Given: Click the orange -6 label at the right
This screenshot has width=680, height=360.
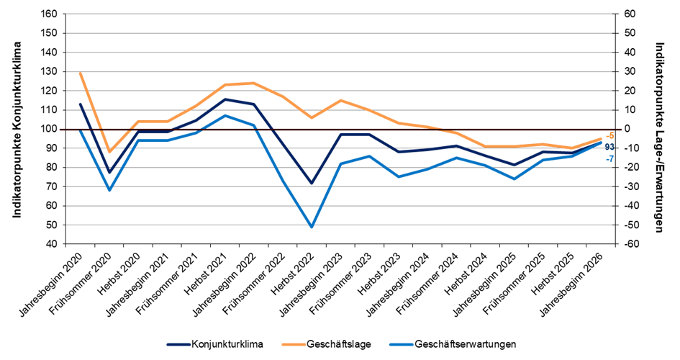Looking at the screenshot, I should point(609,135).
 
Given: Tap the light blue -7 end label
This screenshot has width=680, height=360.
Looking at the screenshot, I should point(609,158).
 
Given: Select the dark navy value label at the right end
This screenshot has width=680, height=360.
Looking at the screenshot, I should point(609,147).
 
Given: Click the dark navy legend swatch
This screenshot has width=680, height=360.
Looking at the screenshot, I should point(178,345).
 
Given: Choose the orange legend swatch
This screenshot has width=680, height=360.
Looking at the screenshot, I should point(294,345).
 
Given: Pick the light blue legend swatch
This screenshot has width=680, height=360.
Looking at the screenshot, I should point(401,345).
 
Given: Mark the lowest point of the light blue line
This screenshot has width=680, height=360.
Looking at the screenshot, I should point(312,227).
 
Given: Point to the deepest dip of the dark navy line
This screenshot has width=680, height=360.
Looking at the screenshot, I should point(312,184).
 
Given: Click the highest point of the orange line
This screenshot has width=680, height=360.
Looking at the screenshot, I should point(80,73).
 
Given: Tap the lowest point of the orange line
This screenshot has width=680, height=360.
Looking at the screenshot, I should point(109,152).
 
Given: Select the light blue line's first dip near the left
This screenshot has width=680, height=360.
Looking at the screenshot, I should point(109,190).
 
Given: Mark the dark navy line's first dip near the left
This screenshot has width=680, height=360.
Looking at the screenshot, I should point(109,171).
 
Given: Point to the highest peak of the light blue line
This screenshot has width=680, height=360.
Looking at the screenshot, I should point(225,115).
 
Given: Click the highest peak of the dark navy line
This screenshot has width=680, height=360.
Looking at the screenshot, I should point(225,99).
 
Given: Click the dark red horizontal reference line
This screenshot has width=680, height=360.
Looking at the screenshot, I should point(338,130).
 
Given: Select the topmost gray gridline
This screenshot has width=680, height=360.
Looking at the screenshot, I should point(338,14).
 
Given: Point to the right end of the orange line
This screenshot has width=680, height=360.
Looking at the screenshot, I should point(601,138).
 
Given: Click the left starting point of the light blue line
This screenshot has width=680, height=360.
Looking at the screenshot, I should point(80,131).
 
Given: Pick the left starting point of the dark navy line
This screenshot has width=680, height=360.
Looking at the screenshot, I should point(80,104).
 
